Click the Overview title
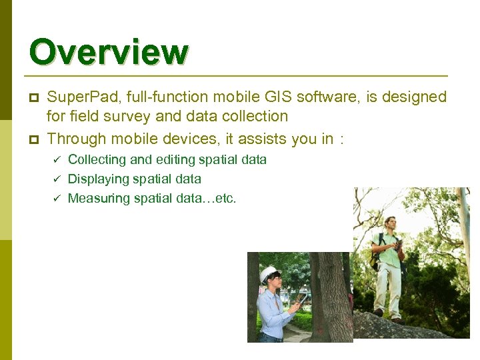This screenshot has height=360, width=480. pos(109,53)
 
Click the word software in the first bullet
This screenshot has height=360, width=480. pos(326,97)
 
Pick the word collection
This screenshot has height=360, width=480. pos(255,117)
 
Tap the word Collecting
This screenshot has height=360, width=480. pos(97,160)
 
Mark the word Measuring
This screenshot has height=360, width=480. pos(97,199)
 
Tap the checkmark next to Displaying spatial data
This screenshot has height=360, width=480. pos(57,179)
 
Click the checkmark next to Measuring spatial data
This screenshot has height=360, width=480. pos(57,199)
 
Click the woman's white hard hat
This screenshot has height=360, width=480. pos(268,273)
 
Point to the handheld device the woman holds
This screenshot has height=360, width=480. pos(302,299)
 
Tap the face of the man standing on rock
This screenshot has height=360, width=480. pos(390,223)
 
